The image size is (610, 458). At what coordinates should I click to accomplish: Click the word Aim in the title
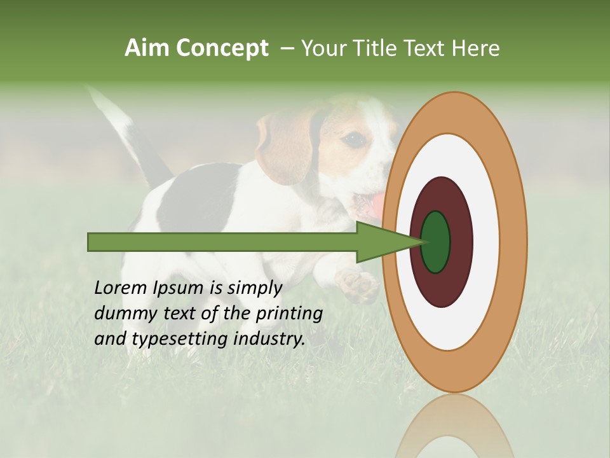(147, 48)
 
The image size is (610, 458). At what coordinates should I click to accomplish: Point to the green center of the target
(435, 242)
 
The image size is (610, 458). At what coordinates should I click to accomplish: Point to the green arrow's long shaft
(222, 242)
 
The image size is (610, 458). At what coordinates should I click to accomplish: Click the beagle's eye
(355, 139)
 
